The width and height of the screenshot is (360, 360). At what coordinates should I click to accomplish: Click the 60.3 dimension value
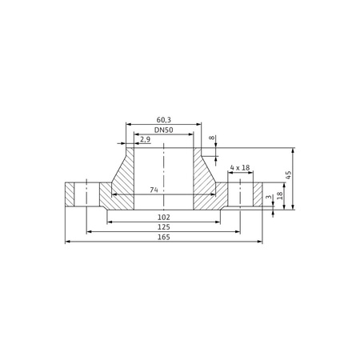click(163, 120)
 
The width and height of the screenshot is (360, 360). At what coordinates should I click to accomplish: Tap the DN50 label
click(163, 130)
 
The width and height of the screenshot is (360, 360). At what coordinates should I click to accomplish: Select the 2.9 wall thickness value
click(146, 139)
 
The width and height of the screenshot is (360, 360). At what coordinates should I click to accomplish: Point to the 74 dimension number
click(154, 190)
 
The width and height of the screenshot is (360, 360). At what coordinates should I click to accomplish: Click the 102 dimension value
click(163, 218)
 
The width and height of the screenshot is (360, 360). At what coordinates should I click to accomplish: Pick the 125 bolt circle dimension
click(163, 227)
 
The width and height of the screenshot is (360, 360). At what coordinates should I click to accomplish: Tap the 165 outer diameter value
click(163, 237)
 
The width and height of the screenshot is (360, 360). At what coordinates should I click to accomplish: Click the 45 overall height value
click(288, 175)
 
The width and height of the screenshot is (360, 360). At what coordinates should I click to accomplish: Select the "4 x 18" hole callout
click(240, 167)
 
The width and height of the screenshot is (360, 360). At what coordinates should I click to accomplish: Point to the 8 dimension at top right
click(211, 138)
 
